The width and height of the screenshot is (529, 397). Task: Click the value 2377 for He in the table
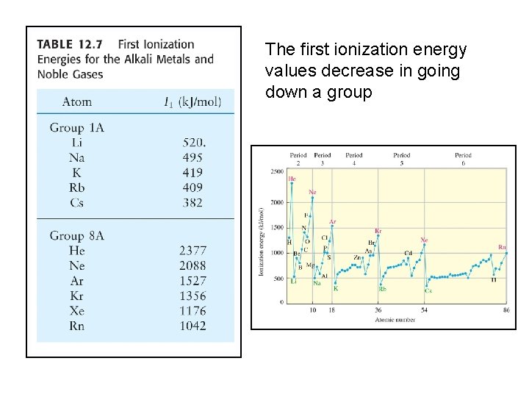pyautogui.click(x=192, y=251)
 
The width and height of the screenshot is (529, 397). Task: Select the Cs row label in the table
pyautogui.click(x=76, y=203)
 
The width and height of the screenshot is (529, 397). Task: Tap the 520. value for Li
pyautogui.click(x=193, y=143)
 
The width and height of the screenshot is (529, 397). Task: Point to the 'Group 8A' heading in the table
pyautogui.click(x=76, y=235)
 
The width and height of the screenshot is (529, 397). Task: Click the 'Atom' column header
pyautogui.click(x=76, y=101)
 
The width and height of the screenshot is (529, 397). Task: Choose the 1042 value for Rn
pyautogui.click(x=192, y=326)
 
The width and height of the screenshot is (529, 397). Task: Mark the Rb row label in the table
pyautogui.click(x=76, y=187)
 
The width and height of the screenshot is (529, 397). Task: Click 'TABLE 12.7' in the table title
pyautogui.click(x=71, y=44)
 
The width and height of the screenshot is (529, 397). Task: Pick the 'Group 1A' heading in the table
pyautogui.click(x=76, y=127)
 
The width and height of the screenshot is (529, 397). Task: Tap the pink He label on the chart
pyautogui.click(x=292, y=179)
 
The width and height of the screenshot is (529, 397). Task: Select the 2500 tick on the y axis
pyautogui.click(x=276, y=172)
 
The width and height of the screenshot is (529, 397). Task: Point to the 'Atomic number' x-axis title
pyautogui.click(x=395, y=319)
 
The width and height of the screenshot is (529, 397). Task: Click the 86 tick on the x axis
pyautogui.click(x=506, y=310)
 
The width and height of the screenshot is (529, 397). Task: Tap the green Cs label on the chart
pyautogui.click(x=428, y=290)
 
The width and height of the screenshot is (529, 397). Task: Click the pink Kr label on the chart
pyautogui.click(x=378, y=231)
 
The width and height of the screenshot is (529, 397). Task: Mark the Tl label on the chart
pyautogui.click(x=494, y=279)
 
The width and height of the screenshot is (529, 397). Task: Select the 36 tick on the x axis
pyautogui.click(x=378, y=310)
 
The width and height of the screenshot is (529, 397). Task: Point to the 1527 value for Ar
pyautogui.click(x=192, y=281)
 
